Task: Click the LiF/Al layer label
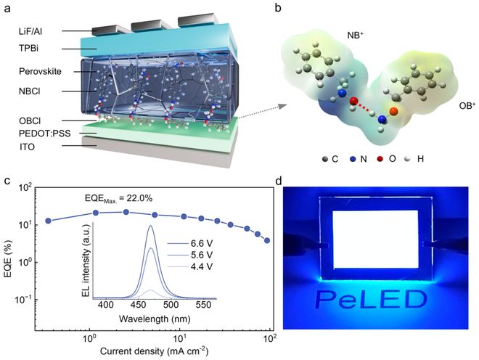click(x=30, y=31)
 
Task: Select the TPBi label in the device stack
click(x=29, y=49)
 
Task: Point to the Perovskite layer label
click(x=40, y=72)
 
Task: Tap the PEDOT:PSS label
click(x=44, y=134)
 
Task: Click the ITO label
click(x=27, y=147)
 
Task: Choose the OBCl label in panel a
click(x=30, y=121)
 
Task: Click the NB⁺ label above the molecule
click(x=356, y=36)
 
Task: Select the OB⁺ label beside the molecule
click(x=467, y=106)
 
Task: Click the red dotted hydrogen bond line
click(x=364, y=107)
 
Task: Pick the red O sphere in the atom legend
click(x=380, y=159)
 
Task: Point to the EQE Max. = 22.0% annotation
click(x=118, y=199)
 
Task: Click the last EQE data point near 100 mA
click(x=267, y=240)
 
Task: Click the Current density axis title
click(x=155, y=351)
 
